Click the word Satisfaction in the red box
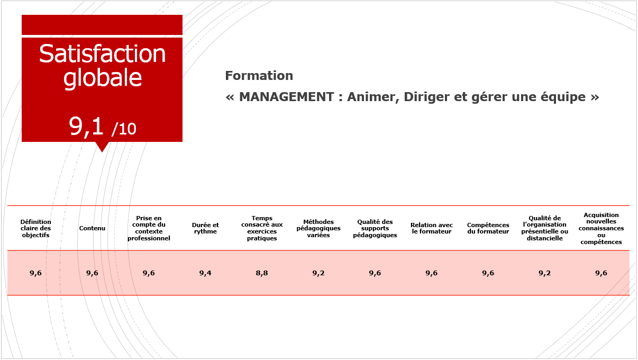(102, 54)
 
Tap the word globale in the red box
(103, 78)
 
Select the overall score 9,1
(86, 127)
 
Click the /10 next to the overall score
(124, 129)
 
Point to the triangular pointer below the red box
(102, 147)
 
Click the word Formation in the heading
(259, 76)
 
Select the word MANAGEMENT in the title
(286, 97)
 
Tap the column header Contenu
(92, 228)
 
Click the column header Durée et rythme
(205, 228)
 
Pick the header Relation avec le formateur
(432, 228)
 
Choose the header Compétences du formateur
(488, 228)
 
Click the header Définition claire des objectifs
(35, 228)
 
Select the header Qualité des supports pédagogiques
(375, 228)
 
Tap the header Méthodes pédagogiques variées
(318, 228)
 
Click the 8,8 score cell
(262, 273)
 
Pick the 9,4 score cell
(205, 273)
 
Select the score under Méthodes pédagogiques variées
(318, 273)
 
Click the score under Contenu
(92, 273)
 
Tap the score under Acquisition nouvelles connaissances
(601, 273)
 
